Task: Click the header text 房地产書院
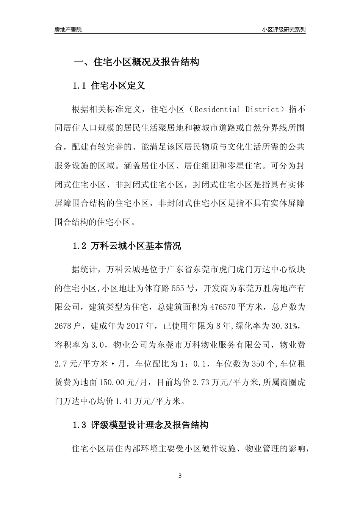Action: point(68,30)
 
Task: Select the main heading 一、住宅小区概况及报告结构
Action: point(136,62)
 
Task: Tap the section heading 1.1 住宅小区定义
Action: point(109,86)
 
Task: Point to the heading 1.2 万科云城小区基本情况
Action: point(127,246)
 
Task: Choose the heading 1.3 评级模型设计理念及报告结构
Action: point(140,425)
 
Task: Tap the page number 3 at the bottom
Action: point(180,475)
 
